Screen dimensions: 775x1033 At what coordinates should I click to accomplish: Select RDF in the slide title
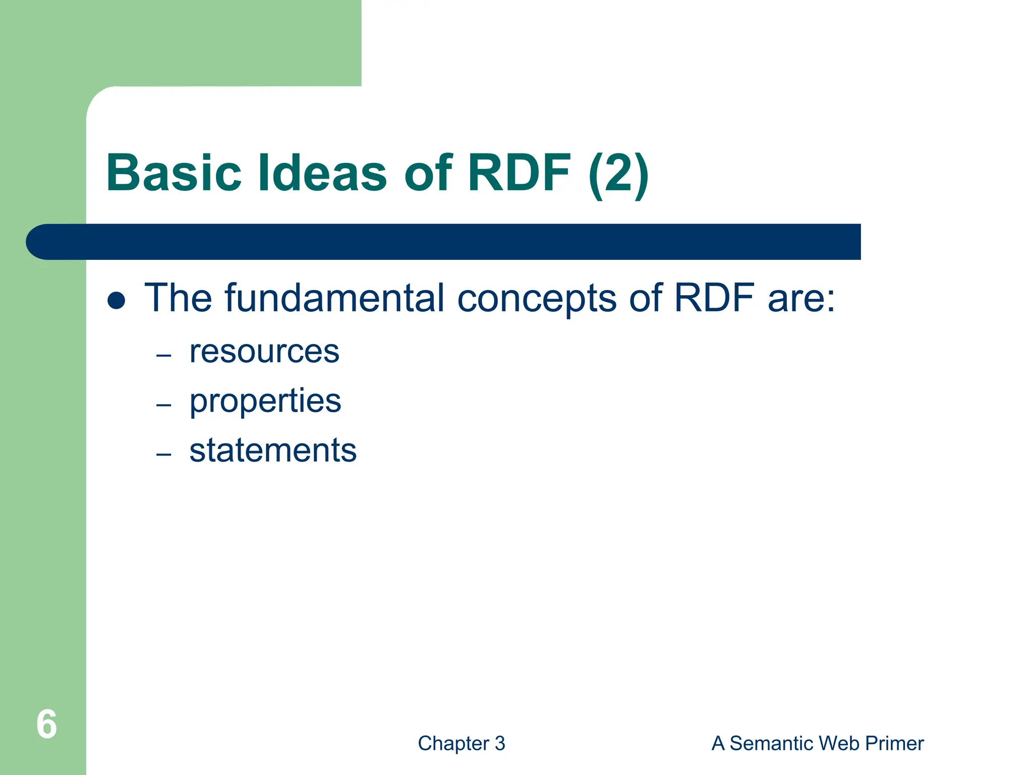[x=519, y=173]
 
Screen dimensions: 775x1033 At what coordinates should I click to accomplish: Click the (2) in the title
[x=618, y=174]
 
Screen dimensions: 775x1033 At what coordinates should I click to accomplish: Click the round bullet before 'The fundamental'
[x=117, y=300]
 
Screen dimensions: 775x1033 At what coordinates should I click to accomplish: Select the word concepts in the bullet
[x=537, y=299]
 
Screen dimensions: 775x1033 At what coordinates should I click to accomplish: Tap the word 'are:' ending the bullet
[x=801, y=299]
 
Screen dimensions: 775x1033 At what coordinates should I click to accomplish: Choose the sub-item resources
[x=264, y=352]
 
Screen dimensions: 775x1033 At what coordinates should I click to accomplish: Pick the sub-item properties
[x=265, y=402]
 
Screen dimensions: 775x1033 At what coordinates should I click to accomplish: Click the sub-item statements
[x=273, y=450]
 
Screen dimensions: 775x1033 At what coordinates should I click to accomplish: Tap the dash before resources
[x=164, y=356]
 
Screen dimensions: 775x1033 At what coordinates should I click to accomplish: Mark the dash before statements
[x=164, y=455]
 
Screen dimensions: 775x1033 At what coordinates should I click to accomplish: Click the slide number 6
[x=46, y=725]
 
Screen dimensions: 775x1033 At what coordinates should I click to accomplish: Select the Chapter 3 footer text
[x=461, y=743]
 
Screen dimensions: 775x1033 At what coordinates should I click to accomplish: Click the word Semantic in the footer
[x=772, y=743]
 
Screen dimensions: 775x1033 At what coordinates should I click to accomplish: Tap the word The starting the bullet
[x=178, y=298]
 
